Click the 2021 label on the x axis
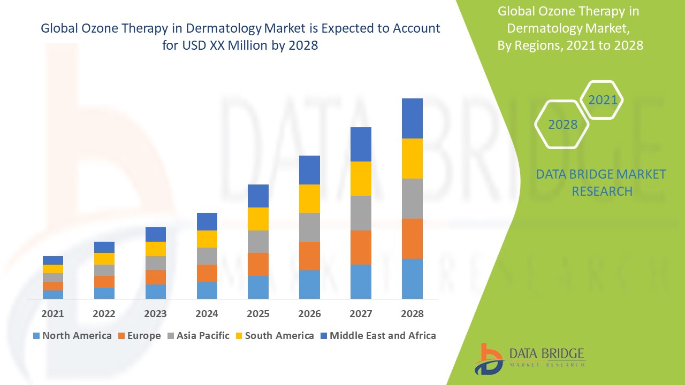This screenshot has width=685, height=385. pos(52,313)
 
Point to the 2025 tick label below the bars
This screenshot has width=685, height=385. pos(258,313)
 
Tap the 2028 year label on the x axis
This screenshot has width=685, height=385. pos(412,313)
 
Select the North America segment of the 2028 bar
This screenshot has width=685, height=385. pos(412,279)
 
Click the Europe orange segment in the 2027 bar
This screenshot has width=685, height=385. pos(361,247)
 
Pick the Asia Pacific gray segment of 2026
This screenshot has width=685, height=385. pos(309,227)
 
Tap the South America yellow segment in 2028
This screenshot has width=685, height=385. pos(412,158)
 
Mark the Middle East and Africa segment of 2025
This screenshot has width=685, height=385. pos(258,196)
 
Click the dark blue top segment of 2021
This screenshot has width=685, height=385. pos(52,260)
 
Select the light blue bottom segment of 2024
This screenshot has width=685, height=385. pos(207,290)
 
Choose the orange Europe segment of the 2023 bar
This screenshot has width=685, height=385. pos(155,277)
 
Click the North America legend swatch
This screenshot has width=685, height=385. pos(36,336)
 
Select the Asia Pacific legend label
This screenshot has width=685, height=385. pos(202,336)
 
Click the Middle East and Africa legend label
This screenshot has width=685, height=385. pos(382,336)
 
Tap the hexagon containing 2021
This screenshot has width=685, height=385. pos(602,100)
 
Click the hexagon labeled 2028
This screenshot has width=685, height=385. pos(562,124)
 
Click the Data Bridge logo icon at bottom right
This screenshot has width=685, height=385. pos(489,358)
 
